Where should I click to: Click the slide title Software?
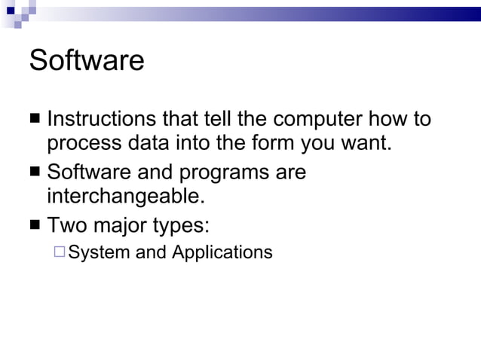(x=87, y=60)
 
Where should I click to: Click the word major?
(x=123, y=226)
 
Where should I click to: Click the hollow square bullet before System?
(x=60, y=252)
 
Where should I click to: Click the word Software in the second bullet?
(x=89, y=172)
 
